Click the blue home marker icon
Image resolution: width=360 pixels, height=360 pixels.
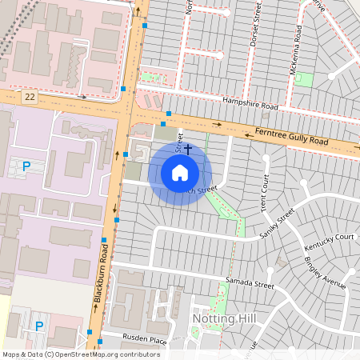click(x=180, y=173)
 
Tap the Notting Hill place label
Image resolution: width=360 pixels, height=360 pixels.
click(x=223, y=318)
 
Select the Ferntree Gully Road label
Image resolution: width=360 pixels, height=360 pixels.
click(x=291, y=135)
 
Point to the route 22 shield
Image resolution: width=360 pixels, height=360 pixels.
click(x=30, y=97)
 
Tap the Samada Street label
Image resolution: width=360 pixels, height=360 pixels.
click(x=249, y=284)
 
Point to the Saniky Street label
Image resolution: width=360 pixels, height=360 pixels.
click(x=278, y=227)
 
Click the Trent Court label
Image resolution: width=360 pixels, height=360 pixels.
click(x=262, y=189)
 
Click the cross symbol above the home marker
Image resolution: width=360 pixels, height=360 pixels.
click(x=188, y=148)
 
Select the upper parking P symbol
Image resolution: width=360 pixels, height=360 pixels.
click(x=26, y=166)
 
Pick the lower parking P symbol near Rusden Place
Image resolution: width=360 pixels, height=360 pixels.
click(x=38, y=326)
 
